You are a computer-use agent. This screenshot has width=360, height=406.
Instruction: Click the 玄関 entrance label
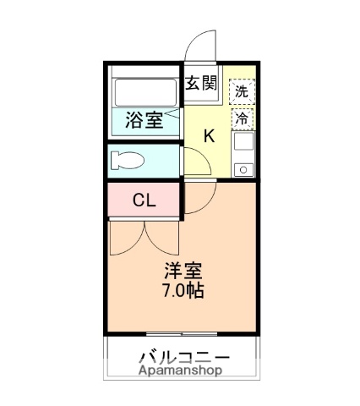click(x=201, y=83)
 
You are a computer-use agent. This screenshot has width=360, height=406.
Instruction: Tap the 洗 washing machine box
click(x=243, y=90)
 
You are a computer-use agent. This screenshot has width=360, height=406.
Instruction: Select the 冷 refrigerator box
click(x=243, y=118)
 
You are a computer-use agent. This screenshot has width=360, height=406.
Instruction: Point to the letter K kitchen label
click(x=210, y=135)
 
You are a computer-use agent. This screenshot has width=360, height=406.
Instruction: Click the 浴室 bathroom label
click(x=145, y=120)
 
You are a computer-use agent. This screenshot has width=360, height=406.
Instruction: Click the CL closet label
click(x=144, y=200)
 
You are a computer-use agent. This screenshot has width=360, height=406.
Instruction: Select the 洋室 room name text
click(x=183, y=272)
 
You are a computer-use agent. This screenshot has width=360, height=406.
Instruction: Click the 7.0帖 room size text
click(x=183, y=291)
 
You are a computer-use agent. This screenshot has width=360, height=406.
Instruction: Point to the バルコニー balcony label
click(x=183, y=355)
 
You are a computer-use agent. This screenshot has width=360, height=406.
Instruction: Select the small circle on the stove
click(x=243, y=169)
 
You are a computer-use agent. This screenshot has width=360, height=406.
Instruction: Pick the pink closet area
click(x=144, y=200)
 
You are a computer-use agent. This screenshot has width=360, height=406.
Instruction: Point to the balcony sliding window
click(x=181, y=335)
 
